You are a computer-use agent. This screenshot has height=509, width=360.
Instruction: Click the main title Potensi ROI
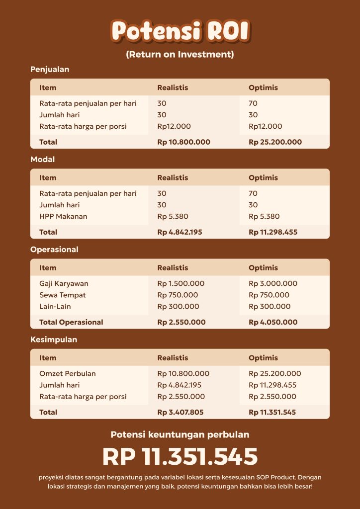180,31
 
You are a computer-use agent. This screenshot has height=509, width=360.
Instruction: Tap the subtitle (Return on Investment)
180,54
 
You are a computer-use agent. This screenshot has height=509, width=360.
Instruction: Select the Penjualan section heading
50,70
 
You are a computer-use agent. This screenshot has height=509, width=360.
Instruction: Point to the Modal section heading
43,160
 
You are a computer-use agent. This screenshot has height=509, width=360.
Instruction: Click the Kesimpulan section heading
54,339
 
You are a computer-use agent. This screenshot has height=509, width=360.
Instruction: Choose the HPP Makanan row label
63,216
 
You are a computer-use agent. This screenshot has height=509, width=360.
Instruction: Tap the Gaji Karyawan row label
64,283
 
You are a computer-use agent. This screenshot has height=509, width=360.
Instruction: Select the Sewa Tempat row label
63,295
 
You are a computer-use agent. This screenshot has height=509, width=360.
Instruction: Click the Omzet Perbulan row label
68,373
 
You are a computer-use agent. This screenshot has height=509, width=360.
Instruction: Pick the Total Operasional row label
71,322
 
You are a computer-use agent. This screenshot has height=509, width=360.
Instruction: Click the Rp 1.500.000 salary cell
181,283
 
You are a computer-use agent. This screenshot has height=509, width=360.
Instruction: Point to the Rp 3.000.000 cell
273,283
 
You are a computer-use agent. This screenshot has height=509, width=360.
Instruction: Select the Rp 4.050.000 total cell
273,322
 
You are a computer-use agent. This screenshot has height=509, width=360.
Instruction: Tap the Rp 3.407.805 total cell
180,412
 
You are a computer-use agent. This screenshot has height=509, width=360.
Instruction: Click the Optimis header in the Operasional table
263,267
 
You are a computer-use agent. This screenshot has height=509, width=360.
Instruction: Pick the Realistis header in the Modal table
173,177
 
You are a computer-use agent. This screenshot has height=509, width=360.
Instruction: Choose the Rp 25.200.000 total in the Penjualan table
275,142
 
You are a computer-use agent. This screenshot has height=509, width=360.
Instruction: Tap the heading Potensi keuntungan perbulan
180,435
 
